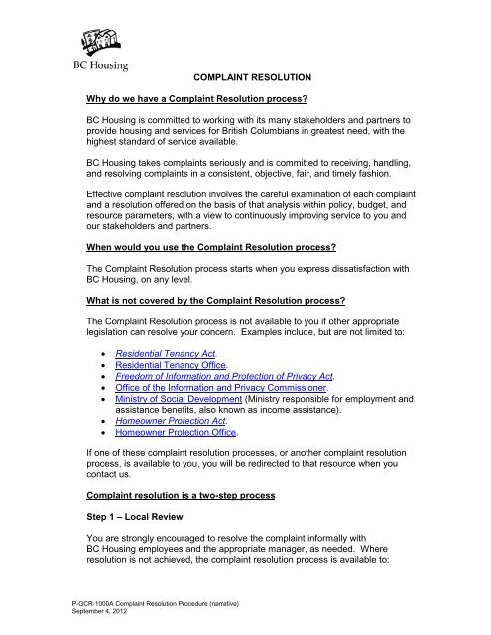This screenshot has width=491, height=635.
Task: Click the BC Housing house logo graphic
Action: pos(83,40)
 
